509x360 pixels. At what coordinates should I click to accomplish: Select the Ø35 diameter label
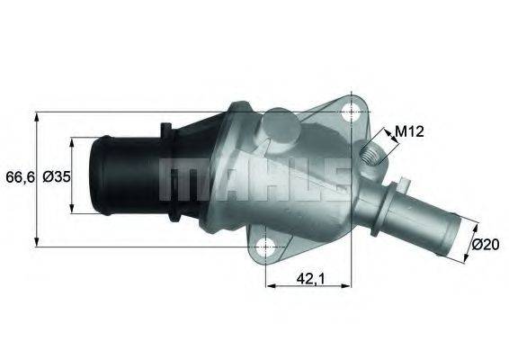[56, 177]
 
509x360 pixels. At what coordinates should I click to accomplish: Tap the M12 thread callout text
[409, 131]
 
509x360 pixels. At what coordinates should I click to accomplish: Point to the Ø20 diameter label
[486, 244]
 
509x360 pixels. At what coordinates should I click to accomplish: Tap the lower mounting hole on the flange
[266, 245]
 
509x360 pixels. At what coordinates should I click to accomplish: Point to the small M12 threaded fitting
[371, 160]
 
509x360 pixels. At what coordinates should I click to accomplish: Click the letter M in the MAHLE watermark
[180, 180]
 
